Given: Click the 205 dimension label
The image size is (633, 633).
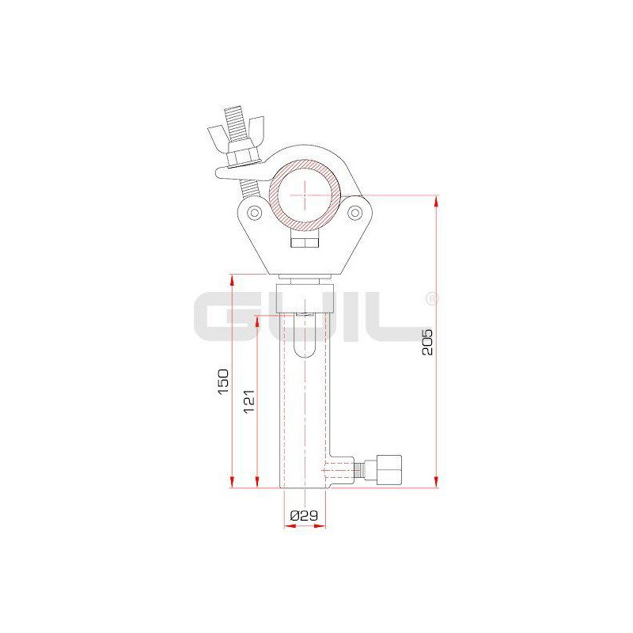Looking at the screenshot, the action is [x=427, y=342].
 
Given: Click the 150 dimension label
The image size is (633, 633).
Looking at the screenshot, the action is [x=223, y=381].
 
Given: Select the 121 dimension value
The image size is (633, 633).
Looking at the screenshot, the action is [x=249, y=401].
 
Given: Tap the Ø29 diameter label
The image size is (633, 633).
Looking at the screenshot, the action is [x=304, y=515].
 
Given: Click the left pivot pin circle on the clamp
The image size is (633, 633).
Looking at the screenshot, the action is [x=255, y=212].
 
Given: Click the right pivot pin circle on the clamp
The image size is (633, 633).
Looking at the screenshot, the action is [x=354, y=212].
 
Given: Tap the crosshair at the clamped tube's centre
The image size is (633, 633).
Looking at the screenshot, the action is [x=305, y=195].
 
